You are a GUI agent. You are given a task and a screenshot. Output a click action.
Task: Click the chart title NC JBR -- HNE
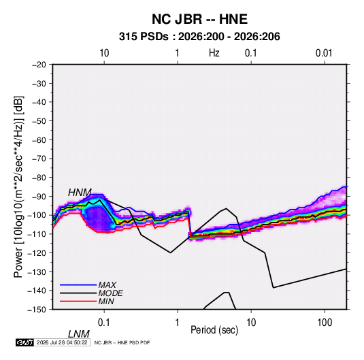pos(199,19)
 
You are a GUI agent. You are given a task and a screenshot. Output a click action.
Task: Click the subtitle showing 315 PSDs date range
pos(199,37)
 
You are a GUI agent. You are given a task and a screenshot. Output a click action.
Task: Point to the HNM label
pos(80,193)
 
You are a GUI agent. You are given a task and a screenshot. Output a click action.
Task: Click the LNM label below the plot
pos(78,334)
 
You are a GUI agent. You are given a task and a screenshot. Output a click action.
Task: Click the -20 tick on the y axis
pos(39,65)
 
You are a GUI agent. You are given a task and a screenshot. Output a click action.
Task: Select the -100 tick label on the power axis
pos(37,215)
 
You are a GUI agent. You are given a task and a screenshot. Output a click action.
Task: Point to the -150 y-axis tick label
pos(37,310)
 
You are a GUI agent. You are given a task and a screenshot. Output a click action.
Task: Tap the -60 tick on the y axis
pos(39,140)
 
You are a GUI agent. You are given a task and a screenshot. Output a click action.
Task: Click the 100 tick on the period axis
pos(325,322)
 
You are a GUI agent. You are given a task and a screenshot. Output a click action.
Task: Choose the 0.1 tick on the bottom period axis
pos(104,322)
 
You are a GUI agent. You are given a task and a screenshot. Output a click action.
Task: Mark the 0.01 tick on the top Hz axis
pos(324,53)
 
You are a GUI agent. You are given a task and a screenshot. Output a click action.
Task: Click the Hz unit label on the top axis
pos(214,53)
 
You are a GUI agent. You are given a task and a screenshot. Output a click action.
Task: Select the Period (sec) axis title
pos(214,330)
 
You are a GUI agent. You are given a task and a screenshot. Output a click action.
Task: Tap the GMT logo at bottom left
pos(25,342)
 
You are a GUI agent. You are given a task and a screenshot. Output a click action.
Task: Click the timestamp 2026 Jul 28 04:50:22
pos(62,342)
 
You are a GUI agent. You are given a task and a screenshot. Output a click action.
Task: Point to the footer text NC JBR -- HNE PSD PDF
pos(122,342)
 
